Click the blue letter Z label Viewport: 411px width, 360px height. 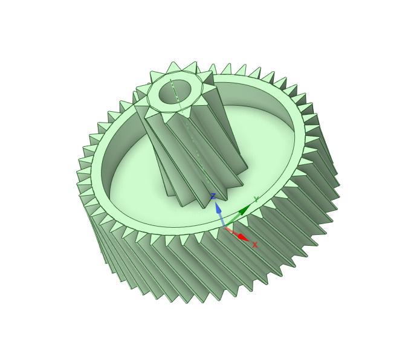pyautogui.click(x=213, y=196)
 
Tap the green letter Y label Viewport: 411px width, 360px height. pyautogui.click(x=256, y=199)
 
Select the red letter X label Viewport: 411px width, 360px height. pyautogui.click(x=255, y=245)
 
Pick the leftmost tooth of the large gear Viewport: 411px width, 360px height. pyautogui.click(x=80, y=175)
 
